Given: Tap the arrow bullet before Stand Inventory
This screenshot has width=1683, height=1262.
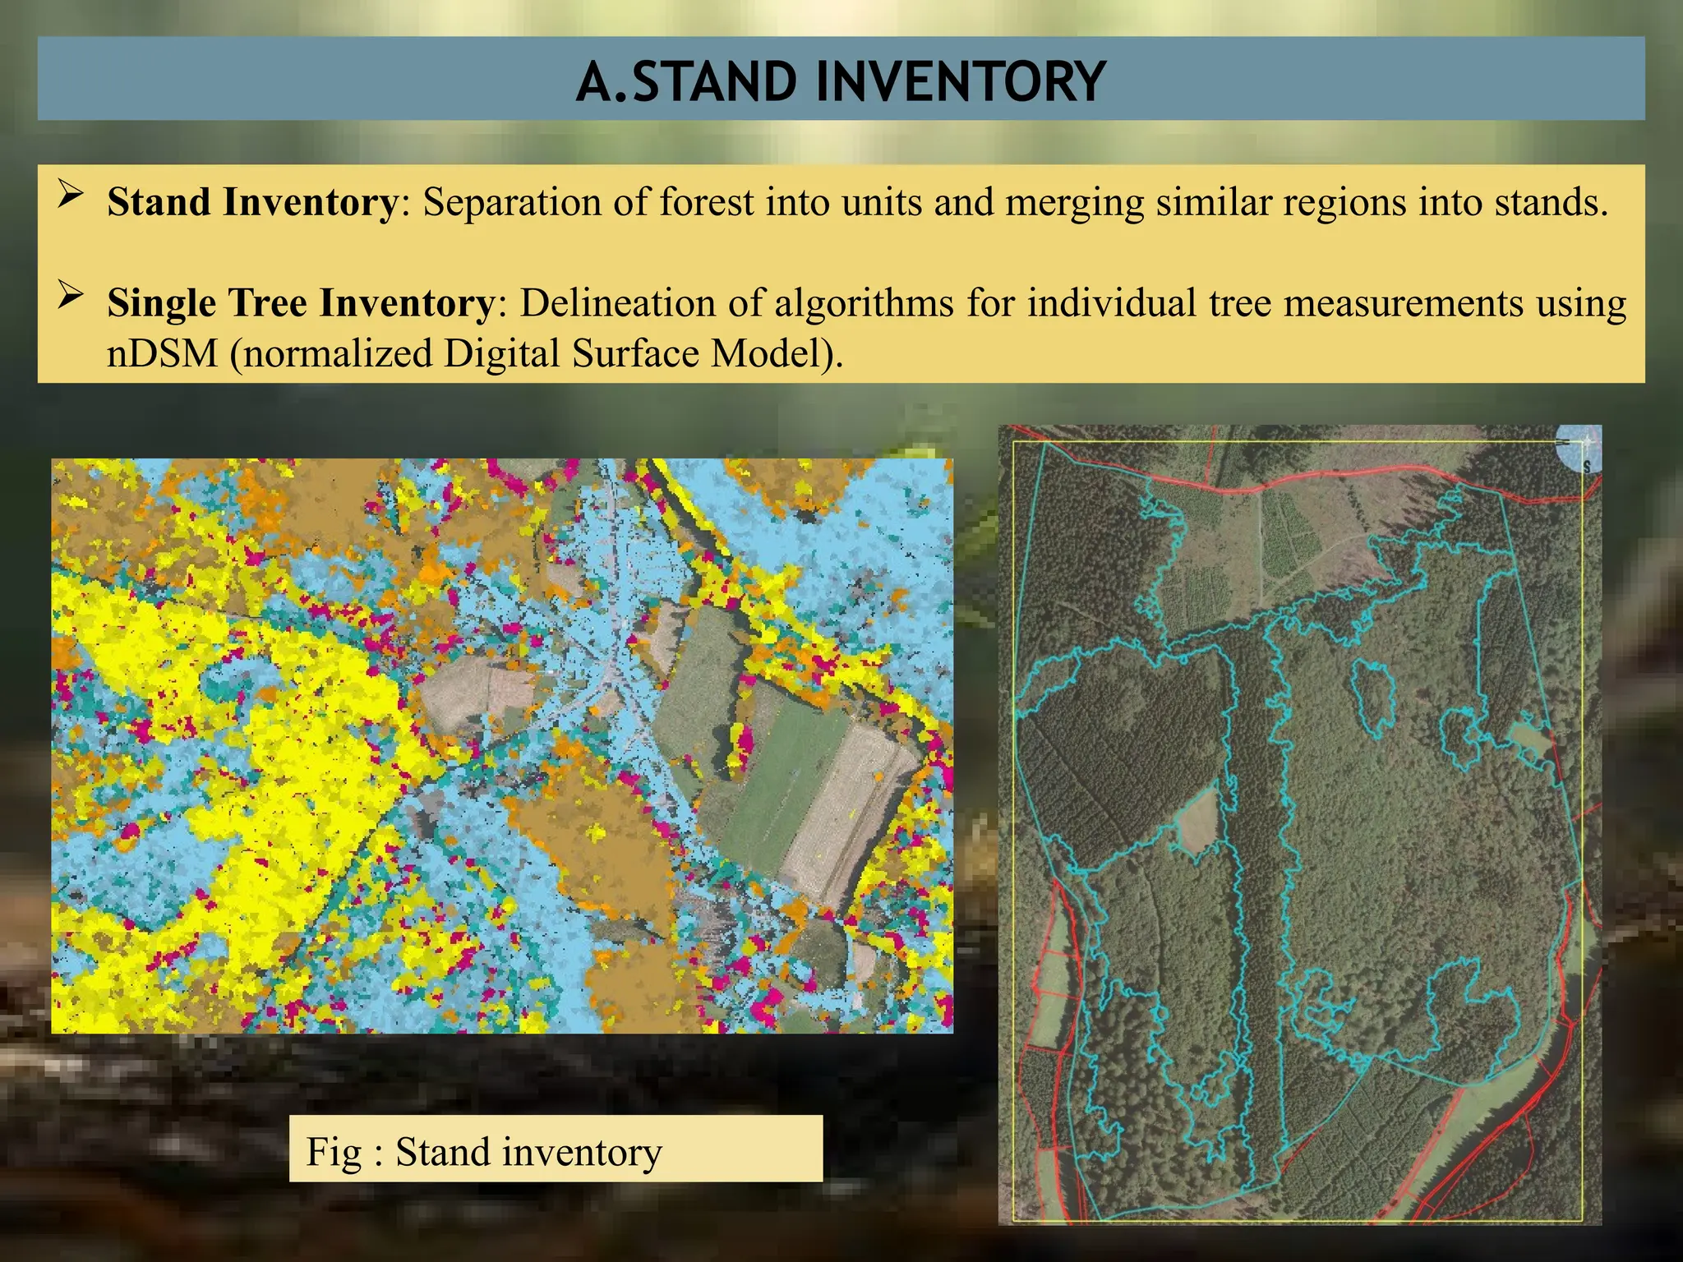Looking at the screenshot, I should pos(71,196).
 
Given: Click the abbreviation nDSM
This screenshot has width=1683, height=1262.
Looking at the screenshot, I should pos(162,353).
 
